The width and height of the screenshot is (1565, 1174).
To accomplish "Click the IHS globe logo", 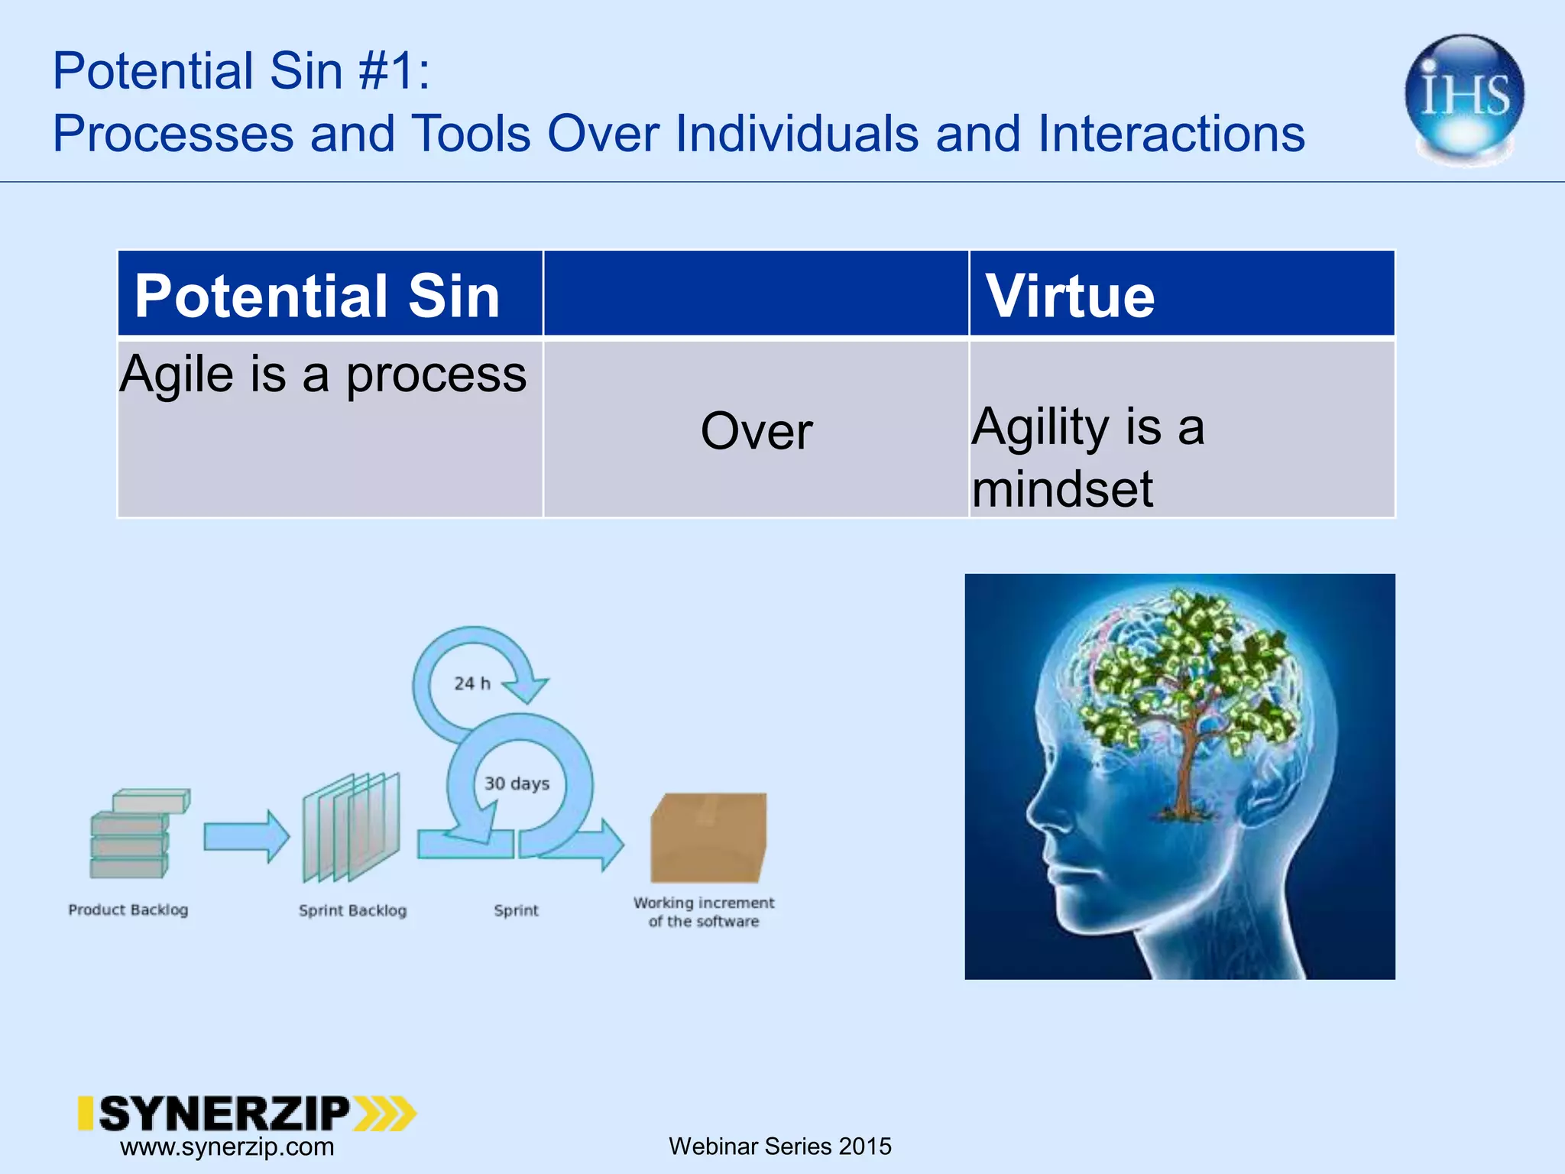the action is pyautogui.click(x=1463, y=98).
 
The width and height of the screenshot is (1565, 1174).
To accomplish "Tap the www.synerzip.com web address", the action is pyautogui.click(x=227, y=1146).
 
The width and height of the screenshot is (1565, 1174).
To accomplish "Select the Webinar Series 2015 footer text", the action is pyautogui.click(x=779, y=1146).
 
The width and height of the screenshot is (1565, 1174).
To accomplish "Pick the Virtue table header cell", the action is pyautogui.click(x=1070, y=295).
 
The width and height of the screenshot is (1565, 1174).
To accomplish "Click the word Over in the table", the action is pyautogui.click(x=756, y=431).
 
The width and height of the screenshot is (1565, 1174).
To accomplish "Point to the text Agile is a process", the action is pyautogui.click(x=322, y=375).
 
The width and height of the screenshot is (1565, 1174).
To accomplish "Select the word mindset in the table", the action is pyautogui.click(x=1062, y=489).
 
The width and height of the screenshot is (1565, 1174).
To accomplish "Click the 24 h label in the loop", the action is pyautogui.click(x=471, y=683).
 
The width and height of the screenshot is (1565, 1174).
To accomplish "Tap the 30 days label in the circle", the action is pyautogui.click(x=517, y=783).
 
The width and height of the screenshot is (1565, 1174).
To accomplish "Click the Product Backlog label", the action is pyautogui.click(x=128, y=910).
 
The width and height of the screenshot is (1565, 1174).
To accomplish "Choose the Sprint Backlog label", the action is pyautogui.click(x=352, y=910).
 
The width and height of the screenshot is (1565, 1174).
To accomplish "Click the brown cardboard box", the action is pyautogui.click(x=708, y=838).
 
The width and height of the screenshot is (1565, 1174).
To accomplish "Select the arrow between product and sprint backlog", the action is pyautogui.click(x=246, y=837).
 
